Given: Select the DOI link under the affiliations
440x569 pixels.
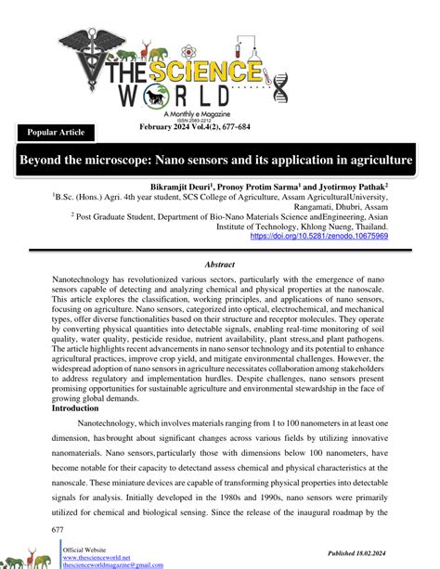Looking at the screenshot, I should click(319, 237).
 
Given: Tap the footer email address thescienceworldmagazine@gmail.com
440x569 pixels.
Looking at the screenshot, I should click(112, 564).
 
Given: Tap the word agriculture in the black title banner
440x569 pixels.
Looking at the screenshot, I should click(376, 161).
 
